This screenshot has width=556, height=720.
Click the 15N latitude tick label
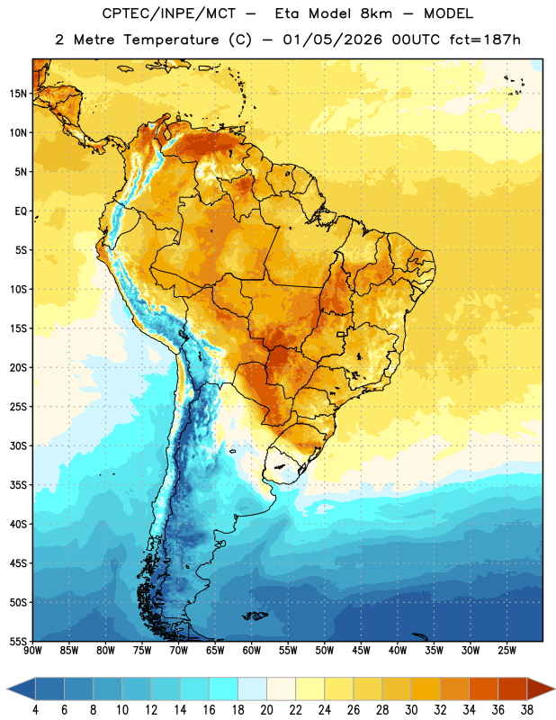(17, 94)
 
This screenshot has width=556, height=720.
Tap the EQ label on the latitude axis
(21, 211)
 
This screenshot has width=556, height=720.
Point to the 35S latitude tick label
(17, 485)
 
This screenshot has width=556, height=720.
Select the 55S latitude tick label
(17, 642)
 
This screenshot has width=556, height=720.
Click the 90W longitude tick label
(32, 651)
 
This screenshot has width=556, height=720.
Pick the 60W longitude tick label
(252, 651)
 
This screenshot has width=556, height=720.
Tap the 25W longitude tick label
(507, 651)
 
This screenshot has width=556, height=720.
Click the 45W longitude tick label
(361, 651)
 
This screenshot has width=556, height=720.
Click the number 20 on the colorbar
(266, 710)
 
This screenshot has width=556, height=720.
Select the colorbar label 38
(526, 710)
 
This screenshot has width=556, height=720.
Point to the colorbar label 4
(35, 710)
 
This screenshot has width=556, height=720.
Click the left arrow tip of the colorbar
(7, 688)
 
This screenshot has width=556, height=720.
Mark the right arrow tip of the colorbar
(554, 688)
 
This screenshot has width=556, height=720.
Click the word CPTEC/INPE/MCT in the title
(168, 13)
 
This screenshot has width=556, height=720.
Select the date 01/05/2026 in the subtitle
(332, 40)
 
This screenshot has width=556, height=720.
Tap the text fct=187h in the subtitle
(485, 40)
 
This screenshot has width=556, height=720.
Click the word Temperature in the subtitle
(171, 40)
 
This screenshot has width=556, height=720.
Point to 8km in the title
(376, 13)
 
